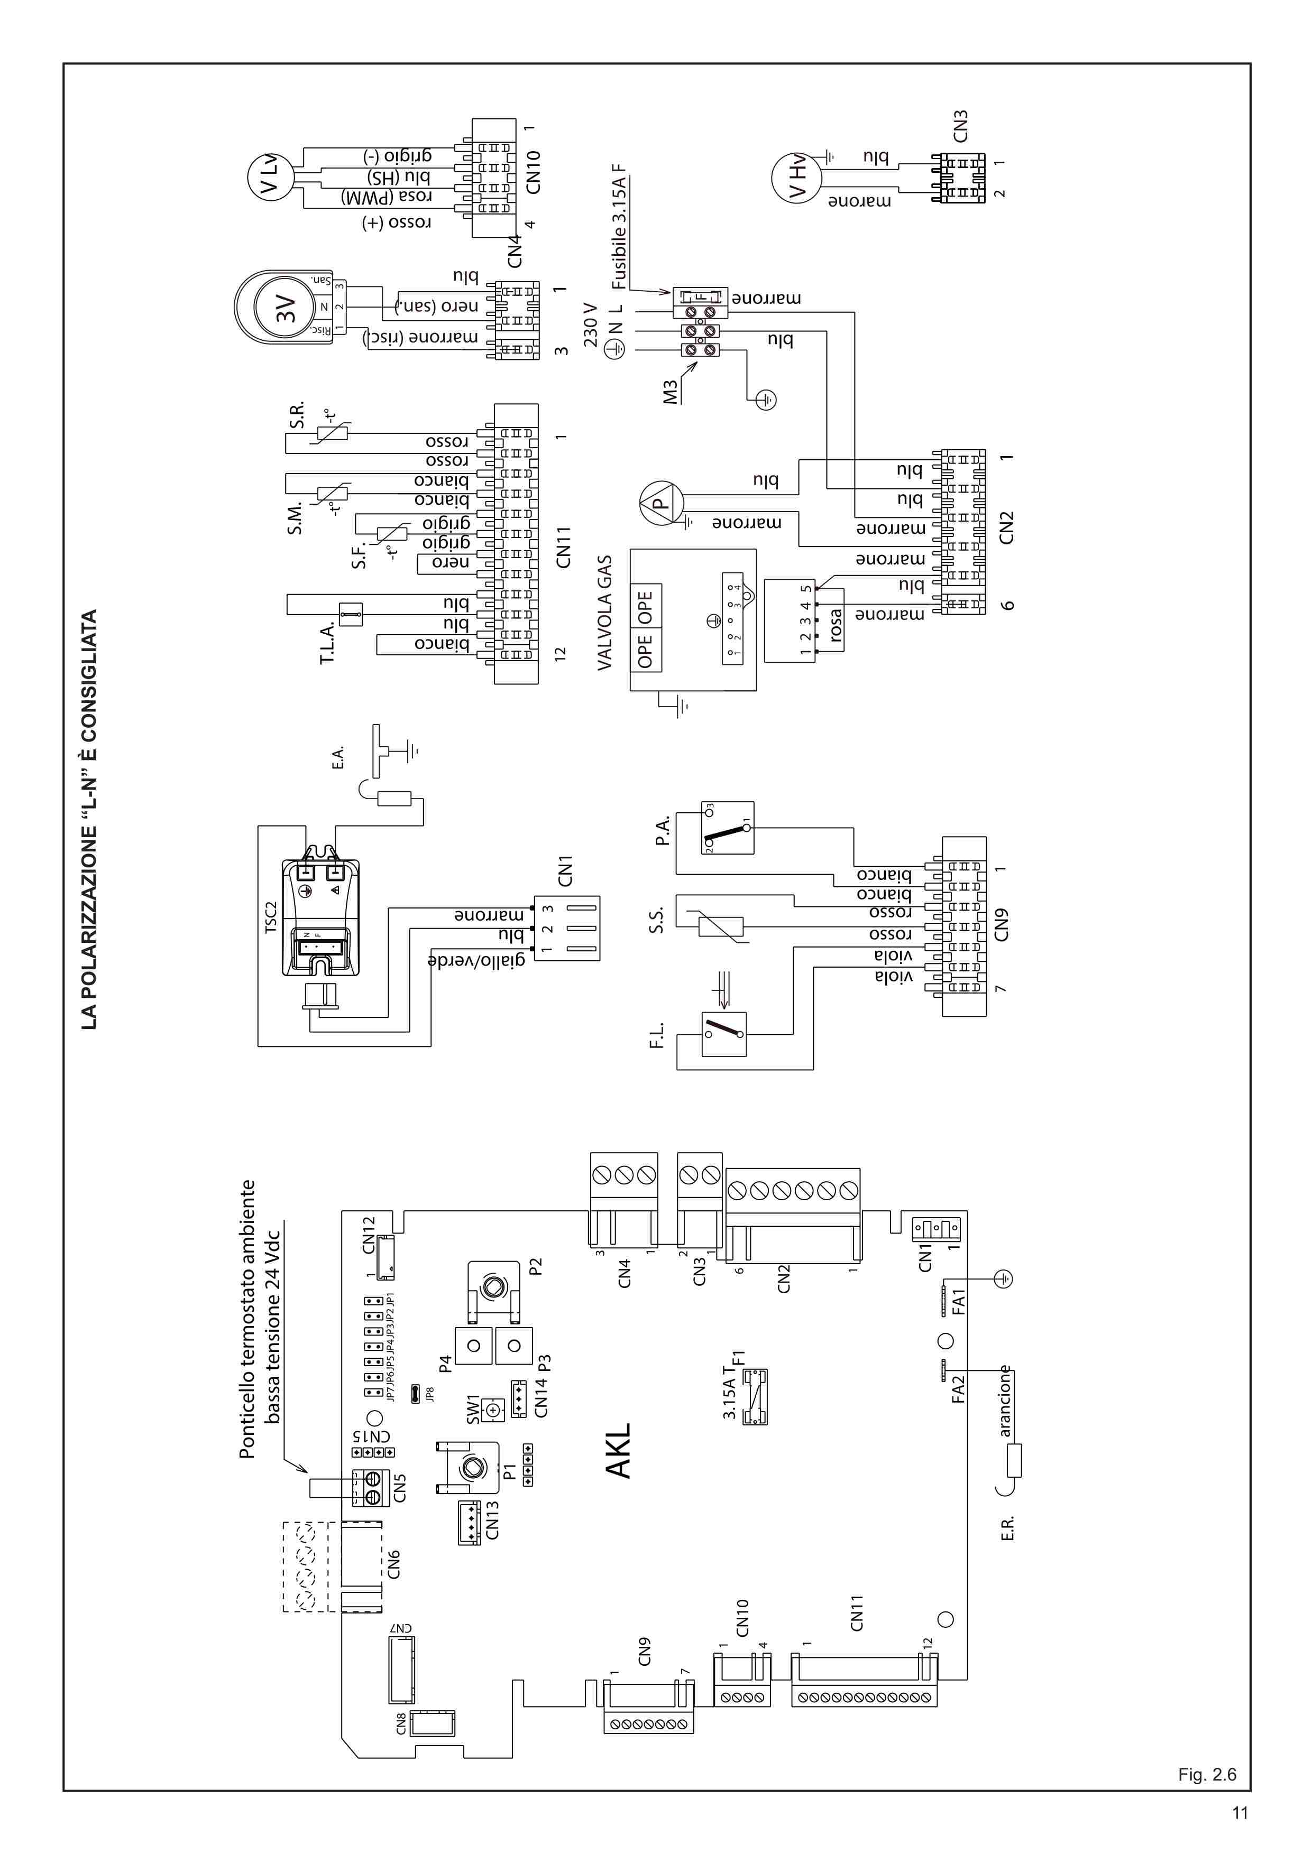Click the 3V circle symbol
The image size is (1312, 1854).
point(285,307)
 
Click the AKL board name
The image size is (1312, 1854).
point(619,1451)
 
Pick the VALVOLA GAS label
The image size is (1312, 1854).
point(605,612)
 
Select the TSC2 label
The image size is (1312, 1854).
point(271,917)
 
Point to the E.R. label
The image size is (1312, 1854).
point(1007,1528)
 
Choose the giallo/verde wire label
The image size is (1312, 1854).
point(476,960)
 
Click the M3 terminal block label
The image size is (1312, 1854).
point(669,393)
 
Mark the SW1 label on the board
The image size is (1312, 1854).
point(473,1409)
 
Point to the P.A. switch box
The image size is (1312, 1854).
point(727,828)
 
